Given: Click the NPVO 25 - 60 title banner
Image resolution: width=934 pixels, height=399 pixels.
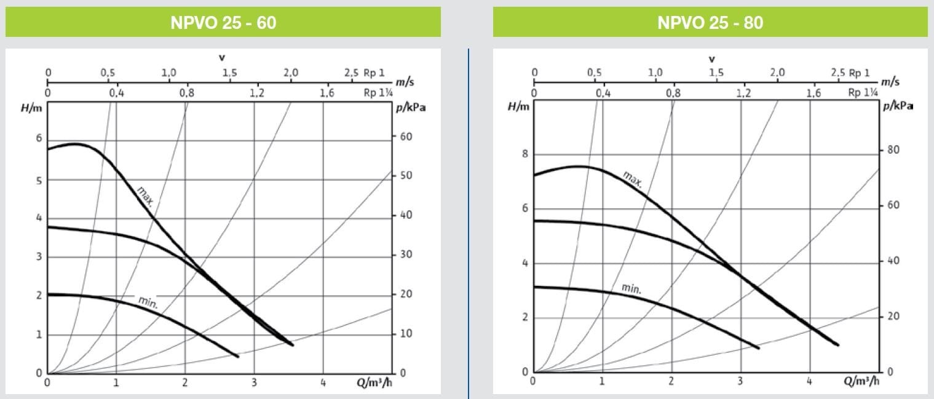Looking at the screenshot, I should coord(223,23).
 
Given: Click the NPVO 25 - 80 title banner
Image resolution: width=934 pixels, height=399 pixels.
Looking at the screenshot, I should coord(710,23).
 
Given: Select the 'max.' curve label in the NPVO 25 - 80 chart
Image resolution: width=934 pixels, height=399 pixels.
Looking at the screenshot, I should coord(633,178).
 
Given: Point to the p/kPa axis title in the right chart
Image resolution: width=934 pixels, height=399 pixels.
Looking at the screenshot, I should coord(898,106).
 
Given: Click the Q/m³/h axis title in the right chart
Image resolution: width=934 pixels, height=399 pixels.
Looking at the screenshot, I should coord(860,382).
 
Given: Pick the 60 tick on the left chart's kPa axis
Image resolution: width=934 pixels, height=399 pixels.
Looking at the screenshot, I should coord(405,136).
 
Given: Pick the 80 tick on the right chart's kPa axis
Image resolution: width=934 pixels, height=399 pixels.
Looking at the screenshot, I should coord(893,150).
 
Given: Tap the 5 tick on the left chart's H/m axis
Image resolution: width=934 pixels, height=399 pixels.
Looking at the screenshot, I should coord(39,181).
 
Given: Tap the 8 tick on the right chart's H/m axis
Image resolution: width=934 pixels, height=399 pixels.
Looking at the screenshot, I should coord(525,154).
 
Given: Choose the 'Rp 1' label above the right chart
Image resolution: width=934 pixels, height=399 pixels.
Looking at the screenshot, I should coord(859,73).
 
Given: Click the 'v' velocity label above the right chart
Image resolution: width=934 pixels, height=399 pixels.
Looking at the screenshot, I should coord(712,59).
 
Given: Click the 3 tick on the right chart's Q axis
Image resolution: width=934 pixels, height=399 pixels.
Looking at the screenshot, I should coord(740,382).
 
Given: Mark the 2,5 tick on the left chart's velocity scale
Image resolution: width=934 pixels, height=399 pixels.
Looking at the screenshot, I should coord(350,73).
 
